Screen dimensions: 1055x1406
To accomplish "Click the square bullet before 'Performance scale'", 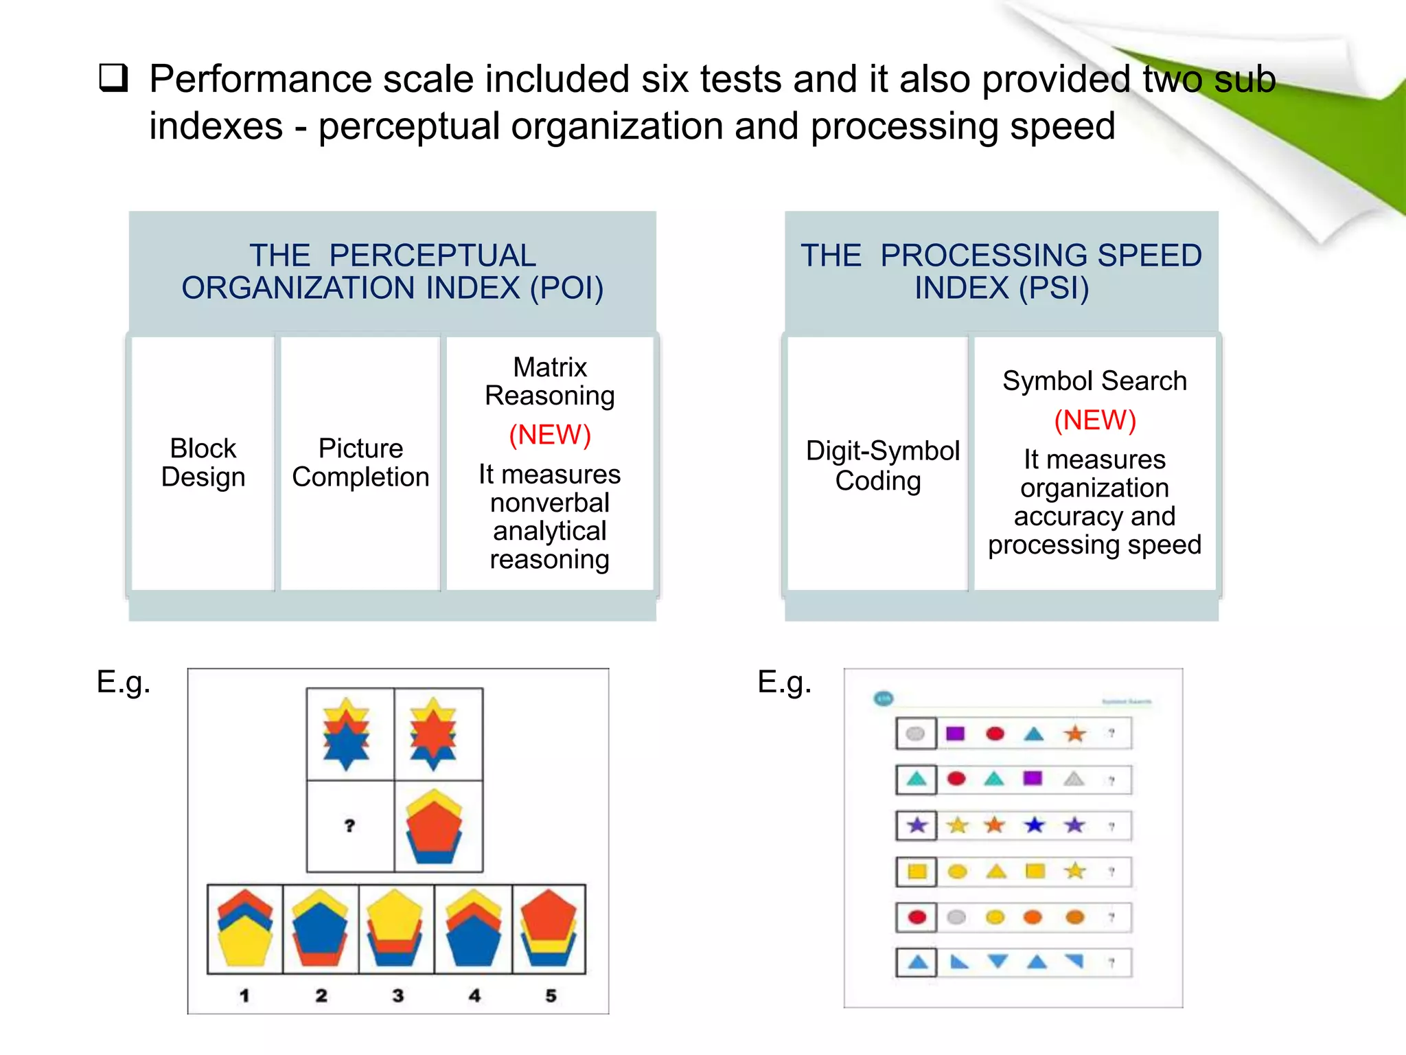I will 113,78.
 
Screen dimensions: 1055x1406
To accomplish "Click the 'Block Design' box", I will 203,463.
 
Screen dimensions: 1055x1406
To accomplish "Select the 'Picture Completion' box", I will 360,463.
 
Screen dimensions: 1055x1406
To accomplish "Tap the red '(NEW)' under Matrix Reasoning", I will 550,435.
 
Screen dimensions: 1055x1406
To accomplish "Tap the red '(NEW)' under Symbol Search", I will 1095,420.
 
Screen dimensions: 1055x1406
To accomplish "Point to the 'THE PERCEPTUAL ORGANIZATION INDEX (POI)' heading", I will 393,272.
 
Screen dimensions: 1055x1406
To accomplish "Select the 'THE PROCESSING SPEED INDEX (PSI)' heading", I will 1001,272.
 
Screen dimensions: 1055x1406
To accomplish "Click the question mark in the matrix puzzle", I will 350,826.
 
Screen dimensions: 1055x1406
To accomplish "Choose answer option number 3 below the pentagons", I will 397,995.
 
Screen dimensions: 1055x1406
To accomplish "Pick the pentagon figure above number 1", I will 245,928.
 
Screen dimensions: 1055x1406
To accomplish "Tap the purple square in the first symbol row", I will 955,734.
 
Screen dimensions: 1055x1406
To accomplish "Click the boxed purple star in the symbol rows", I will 917,825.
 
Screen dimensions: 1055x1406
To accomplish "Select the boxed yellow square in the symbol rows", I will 917,872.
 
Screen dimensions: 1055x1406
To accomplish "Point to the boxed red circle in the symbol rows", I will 917,917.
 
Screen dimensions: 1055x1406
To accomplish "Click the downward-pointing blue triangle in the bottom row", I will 998,961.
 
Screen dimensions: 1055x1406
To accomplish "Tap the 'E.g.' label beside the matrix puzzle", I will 124,682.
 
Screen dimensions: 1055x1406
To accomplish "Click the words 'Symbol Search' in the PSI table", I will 1094,381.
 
